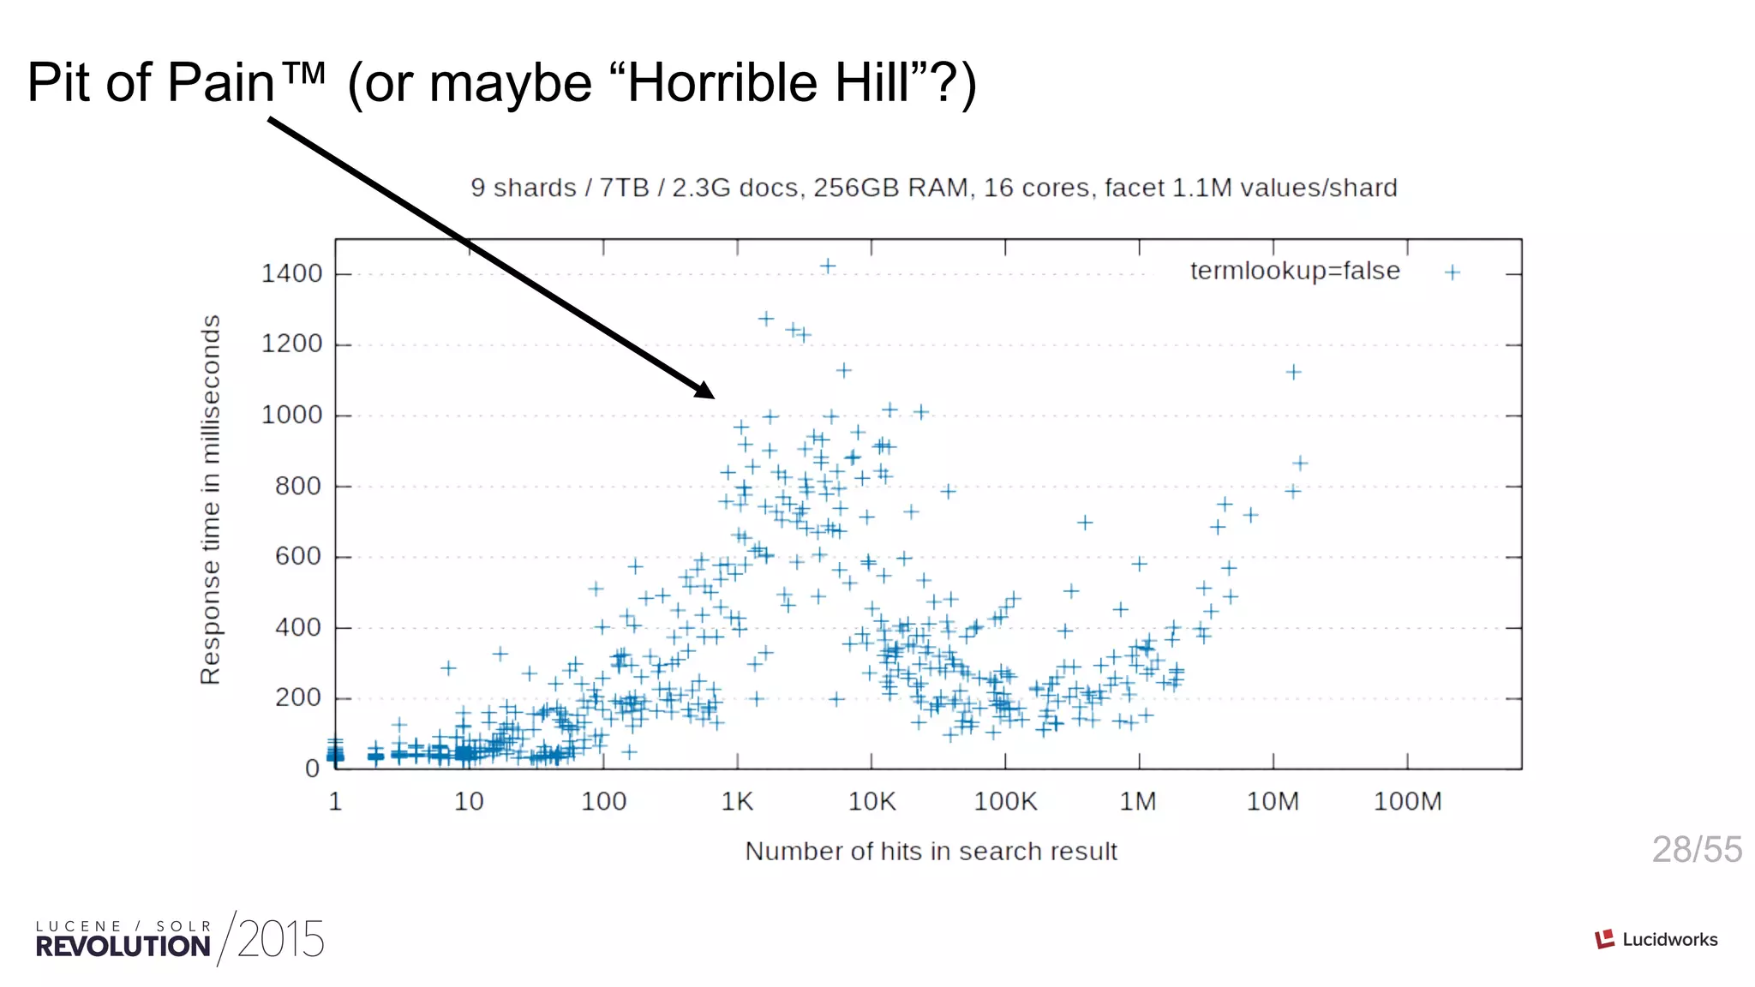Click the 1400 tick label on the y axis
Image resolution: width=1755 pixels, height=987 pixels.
291,274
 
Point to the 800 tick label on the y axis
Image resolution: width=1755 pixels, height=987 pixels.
298,487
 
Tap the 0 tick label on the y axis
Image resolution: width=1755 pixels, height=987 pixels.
313,769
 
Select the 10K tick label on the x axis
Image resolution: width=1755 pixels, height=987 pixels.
872,802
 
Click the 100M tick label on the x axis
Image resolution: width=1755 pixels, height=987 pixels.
1407,802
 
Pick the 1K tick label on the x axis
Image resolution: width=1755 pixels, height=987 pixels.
737,802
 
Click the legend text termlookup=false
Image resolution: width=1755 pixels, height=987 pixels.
1294,272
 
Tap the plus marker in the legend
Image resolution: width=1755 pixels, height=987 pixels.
1452,272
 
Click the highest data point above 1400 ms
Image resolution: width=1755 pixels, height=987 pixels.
828,266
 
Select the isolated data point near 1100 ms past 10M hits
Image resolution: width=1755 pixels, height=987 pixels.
1293,372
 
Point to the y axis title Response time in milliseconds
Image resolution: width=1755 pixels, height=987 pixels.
211,499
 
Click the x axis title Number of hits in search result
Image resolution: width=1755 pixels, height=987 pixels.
931,852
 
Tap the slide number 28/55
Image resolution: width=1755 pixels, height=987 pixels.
1696,850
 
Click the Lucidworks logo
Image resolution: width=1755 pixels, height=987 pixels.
1656,940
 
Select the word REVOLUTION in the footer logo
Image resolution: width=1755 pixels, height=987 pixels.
123,947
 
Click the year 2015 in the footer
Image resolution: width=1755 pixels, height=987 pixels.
280,940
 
